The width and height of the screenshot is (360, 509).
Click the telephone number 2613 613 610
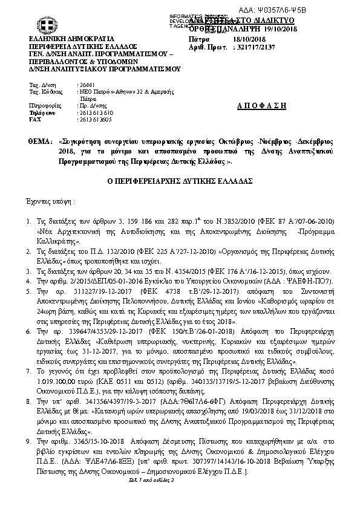[x=96, y=113]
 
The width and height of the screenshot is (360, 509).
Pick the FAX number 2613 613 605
[x=96, y=120]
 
